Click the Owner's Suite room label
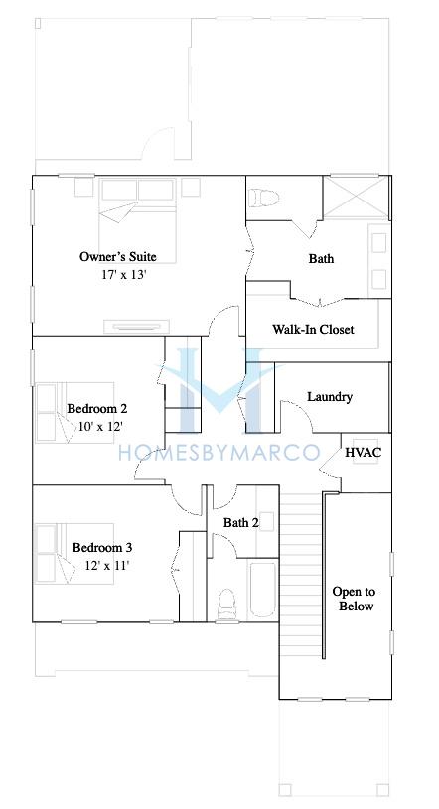[x=118, y=256]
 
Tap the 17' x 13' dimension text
[x=125, y=275]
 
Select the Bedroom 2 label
[x=97, y=409]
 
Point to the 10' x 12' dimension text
[x=100, y=427]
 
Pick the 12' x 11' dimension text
[x=107, y=566]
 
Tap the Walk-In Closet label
[x=314, y=329]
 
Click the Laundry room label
[x=330, y=397]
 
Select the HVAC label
[x=364, y=453]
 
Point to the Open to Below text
[x=354, y=599]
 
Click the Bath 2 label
[x=241, y=523]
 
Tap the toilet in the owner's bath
[x=263, y=198]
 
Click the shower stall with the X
[x=356, y=199]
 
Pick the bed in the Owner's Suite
[x=138, y=220]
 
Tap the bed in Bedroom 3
[x=74, y=554]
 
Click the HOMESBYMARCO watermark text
[x=219, y=453]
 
